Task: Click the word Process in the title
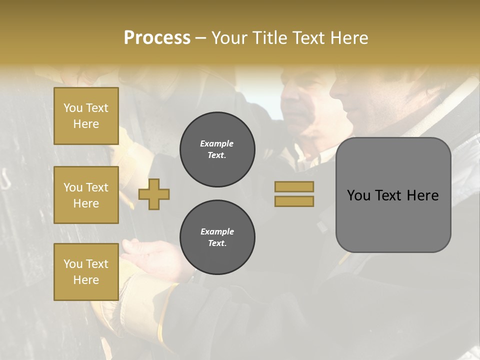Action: [157, 38]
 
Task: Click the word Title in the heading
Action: [269, 38]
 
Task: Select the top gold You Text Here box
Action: [86, 116]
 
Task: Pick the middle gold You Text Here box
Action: [86, 195]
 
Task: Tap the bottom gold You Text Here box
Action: [86, 272]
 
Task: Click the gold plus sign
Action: [154, 194]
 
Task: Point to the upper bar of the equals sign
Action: [294, 186]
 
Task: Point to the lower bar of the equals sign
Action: [294, 201]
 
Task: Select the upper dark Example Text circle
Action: [217, 149]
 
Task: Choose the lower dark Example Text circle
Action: [217, 237]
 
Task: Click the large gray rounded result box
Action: [393, 220]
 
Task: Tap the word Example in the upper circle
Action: [216, 143]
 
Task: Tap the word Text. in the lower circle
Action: [217, 243]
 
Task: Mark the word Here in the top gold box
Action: [86, 124]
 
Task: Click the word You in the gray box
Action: [358, 195]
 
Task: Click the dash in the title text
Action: [201, 39]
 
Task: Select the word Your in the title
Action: [229, 38]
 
